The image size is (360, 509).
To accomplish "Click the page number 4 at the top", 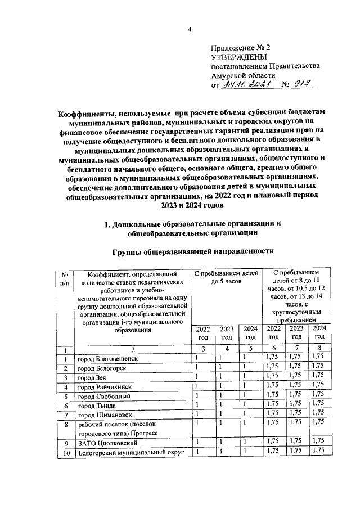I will click(x=190, y=30).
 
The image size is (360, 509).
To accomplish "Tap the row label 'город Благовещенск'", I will click(x=107, y=358).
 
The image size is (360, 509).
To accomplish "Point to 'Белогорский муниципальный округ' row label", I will click(x=131, y=452).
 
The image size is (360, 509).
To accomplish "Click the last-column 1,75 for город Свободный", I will click(x=319, y=395).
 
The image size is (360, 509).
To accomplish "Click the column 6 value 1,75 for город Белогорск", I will click(x=273, y=368).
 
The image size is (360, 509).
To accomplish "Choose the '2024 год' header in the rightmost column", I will click(x=319, y=332).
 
